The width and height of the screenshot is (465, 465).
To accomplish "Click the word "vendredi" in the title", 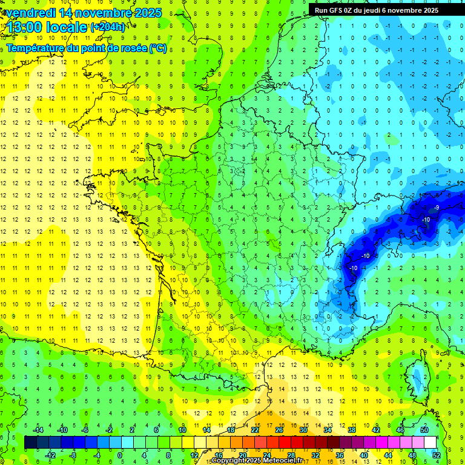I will (30, 13).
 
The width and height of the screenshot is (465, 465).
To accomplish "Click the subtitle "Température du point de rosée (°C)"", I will (87, 48).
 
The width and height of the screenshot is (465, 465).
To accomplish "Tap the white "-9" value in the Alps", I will (437, 208).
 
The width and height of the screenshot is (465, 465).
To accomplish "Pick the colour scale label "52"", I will (430, 455).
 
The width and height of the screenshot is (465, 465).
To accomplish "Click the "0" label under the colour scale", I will (120, 455).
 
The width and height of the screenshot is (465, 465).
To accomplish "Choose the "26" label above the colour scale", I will (279, 430).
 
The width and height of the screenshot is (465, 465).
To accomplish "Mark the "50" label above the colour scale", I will (424, 430).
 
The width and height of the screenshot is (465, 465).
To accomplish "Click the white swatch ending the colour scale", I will (430, 443).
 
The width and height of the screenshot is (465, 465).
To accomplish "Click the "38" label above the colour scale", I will (351, 430).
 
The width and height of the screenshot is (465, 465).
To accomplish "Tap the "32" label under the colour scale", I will (315, 455).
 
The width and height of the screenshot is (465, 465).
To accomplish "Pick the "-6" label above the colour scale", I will (85, 430).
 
